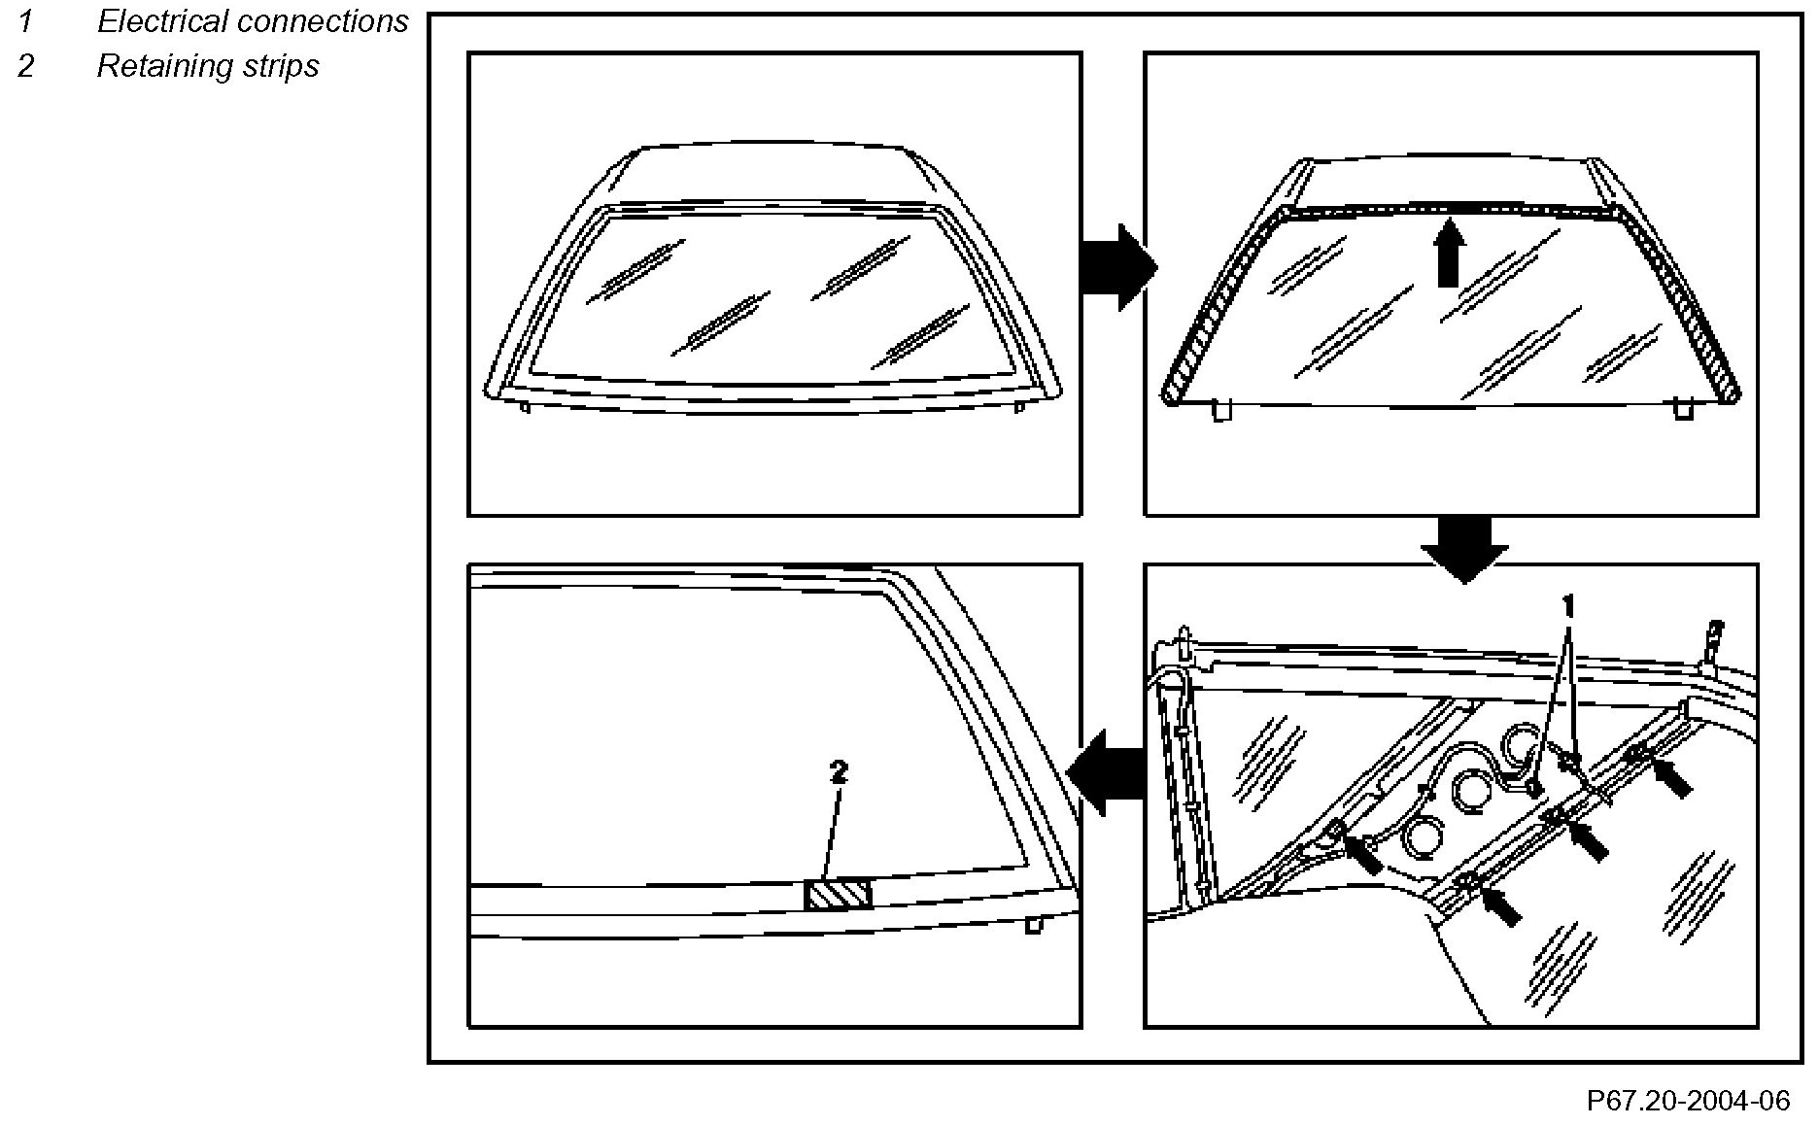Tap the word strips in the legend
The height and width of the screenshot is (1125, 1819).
click(x=282, y=66)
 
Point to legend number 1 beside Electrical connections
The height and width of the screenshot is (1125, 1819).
click(x=26, y=21)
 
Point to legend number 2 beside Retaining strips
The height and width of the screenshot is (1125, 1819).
click(x=26, y=66)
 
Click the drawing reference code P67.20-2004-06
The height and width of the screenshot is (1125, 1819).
click(x=1688, y=1101)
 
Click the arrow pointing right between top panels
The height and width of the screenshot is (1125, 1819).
click(x=1117, y=267)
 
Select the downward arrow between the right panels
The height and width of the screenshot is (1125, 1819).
click(x=1464, y=547)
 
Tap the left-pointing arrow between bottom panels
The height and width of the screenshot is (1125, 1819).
click(x=1106, y=774)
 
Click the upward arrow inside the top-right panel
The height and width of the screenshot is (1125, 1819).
click(x=1448, y=253)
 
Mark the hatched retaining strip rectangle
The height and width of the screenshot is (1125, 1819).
click(x=837, y=894)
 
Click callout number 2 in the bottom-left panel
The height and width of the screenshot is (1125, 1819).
click(x=839, y=772)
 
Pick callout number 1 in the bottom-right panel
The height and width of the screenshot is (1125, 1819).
click(x=1567, y=607)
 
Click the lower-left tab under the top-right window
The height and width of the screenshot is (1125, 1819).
click(x=1222, y=411)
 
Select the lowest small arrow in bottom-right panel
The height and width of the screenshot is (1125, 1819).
click(x=1502, y=907)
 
